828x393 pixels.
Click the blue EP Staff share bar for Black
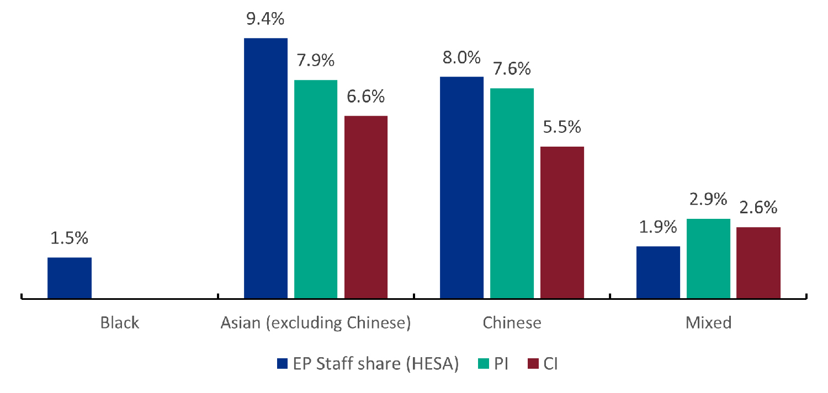click(x=70, y=278)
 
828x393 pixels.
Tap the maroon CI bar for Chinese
click(x=562, y=223)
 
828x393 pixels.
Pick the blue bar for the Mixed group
click(x=658, y=272)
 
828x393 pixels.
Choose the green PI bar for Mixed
click(x=708, y=259)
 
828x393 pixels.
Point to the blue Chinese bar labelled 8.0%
click(x=461, y=187)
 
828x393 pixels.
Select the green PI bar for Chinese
click(x=512, y=193)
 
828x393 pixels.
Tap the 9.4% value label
click(x=266, y=20)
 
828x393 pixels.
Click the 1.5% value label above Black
click(x=70, y=239)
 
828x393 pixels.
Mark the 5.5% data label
click(x=562, y=127)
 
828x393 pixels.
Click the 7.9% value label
click(x=316, y=61)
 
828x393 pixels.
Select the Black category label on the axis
click(x=120, y=322)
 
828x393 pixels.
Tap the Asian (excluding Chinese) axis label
click(x=316, y=322)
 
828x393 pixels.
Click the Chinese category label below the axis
click(x=512, y=322)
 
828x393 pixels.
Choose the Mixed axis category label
click(x=708, y=322)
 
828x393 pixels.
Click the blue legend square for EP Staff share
click(x=282, y=364)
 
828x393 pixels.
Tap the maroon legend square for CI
click(x=533, y=364)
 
